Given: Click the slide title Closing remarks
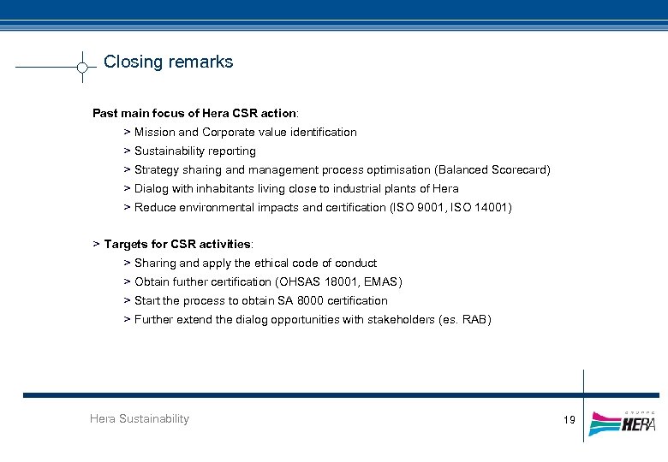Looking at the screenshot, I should (x=168, y=62).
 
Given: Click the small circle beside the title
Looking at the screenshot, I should (x=82, y=67).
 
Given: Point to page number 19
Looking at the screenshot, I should (x=570, y=419).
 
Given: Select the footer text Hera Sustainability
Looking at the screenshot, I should (x=140, y=418).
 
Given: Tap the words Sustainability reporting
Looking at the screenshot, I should (x=195, y=151).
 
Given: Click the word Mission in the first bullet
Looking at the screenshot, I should (x=154, y=132).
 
